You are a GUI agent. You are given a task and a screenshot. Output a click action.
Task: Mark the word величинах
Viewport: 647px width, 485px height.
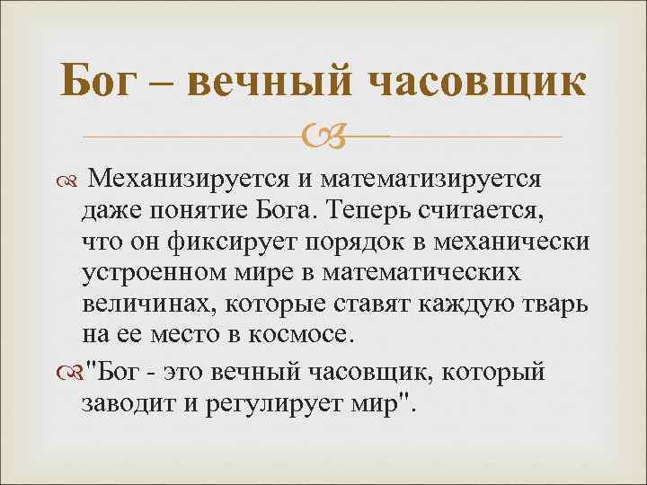[137, 304]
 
